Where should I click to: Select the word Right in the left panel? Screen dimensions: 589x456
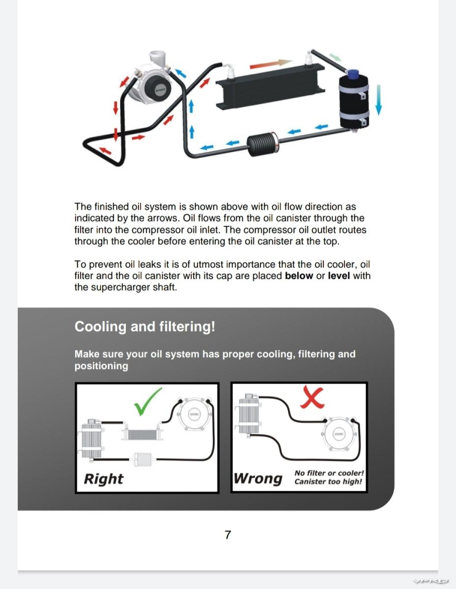pos(104,479)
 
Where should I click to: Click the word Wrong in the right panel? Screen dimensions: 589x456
pos(258,478)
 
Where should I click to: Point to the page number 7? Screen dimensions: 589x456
pos(228,535)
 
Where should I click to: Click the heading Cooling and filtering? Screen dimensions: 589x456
pos(144,327)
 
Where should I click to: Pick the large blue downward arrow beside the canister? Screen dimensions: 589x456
pos(379,98)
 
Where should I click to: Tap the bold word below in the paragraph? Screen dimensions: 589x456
pos(299,276)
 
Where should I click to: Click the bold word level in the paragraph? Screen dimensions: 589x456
pos(339,276)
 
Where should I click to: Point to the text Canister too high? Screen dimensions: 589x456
pos(328,482)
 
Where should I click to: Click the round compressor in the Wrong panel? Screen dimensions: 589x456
pos(339,434)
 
